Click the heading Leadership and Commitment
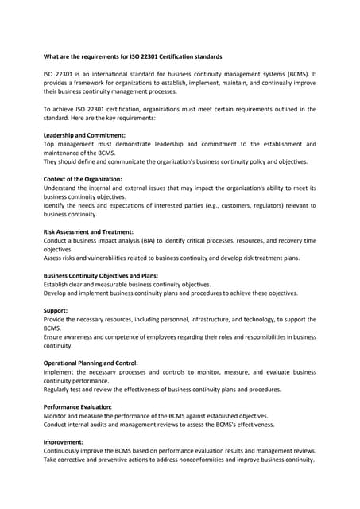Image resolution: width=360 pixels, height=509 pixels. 83,135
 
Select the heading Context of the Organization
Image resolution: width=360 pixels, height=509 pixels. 83,179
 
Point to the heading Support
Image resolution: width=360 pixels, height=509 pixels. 56,310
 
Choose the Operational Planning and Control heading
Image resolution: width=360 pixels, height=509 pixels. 91,363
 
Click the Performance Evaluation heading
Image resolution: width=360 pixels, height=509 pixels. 77,406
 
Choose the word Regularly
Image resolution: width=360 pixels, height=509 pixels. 58,390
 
